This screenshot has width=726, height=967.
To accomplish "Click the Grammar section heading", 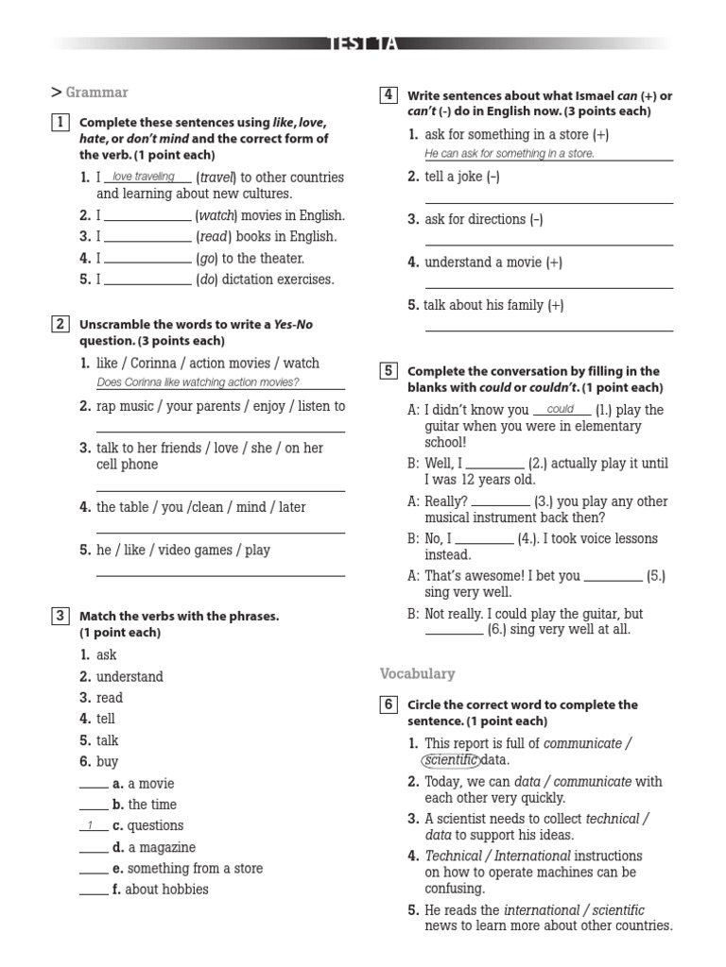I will click(96, 93).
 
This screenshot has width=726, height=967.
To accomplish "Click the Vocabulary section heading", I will click(417, 673).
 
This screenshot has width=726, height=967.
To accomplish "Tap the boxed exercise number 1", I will click(60, 122).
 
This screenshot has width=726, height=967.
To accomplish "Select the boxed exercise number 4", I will click(388, 94).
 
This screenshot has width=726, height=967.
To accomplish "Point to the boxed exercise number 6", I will click(388, 704).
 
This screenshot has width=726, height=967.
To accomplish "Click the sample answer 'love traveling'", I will click(143, 177).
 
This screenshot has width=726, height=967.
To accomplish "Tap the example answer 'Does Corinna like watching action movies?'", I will click(198, 382).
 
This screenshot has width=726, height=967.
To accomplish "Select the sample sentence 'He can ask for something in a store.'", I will click(510, 154).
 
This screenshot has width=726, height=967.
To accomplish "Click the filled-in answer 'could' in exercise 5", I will click(561, 410).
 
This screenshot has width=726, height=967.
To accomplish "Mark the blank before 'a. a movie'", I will click(93, 785).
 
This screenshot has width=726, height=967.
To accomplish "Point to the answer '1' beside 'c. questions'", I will click(92, 826).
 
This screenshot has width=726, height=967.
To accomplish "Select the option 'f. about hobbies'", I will click(160, 889).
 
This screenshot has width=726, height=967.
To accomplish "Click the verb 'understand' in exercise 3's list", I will click(130, 676).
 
